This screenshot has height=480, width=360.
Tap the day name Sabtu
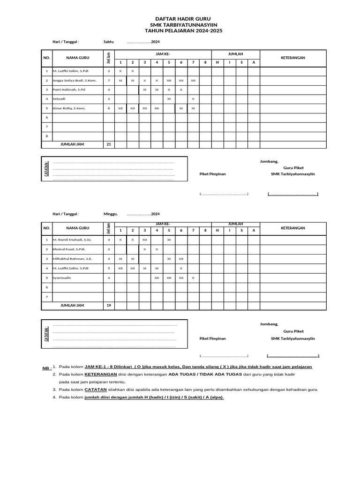click(109, 42)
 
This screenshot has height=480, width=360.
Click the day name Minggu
click(111, 214)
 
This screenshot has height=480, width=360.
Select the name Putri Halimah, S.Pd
click(69, 89)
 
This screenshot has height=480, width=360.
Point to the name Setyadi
click(60, 99)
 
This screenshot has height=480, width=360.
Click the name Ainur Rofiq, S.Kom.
click(69, 108)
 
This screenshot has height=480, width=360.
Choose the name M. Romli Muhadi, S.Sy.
click(72, 240)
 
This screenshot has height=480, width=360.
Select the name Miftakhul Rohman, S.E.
click(73, 258)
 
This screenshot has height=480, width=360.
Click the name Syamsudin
click(62, 277)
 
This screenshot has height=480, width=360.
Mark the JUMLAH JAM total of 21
click(109, 144)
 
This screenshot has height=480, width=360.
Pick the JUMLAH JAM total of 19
click(109, 306)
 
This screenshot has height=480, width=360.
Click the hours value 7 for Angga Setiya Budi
click(109, 80)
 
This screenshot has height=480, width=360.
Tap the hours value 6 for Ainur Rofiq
click(109, 108)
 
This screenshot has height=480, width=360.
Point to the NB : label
click(47, 369)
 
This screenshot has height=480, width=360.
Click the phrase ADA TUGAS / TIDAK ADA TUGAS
click(205, 375)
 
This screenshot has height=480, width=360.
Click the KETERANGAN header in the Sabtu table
click(293, 58)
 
